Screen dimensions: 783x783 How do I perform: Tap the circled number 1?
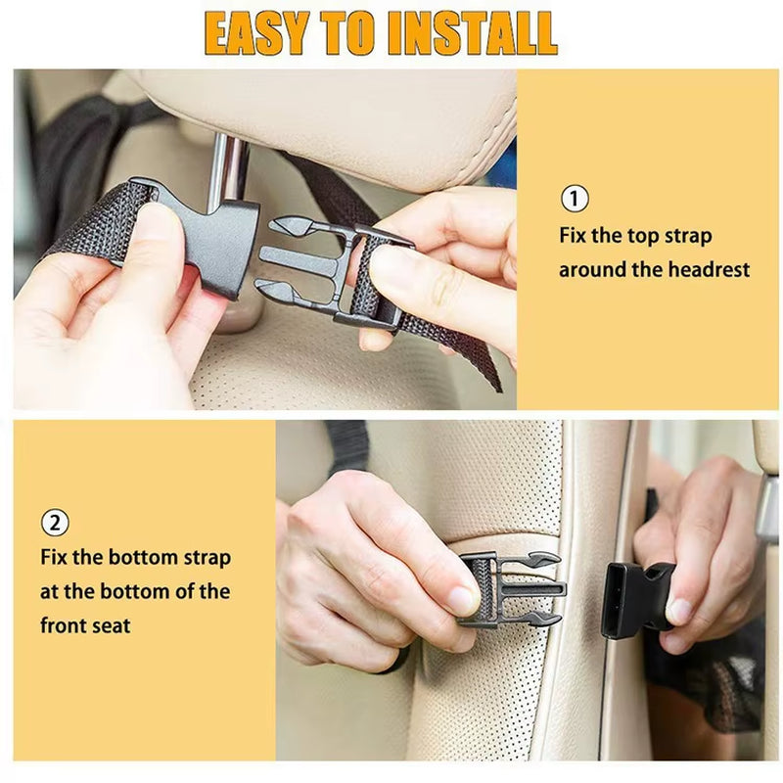coord(575,199)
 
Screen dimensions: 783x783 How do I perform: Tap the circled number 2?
coord(55,523)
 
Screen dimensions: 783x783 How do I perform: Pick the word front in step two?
coord(66,624)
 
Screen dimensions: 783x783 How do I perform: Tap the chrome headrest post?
coord(228,171)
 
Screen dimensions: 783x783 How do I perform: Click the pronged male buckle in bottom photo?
coord(514,589)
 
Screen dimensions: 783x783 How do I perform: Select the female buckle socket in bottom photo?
coord(635,600)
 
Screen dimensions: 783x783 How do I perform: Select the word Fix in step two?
coord(56,558)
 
